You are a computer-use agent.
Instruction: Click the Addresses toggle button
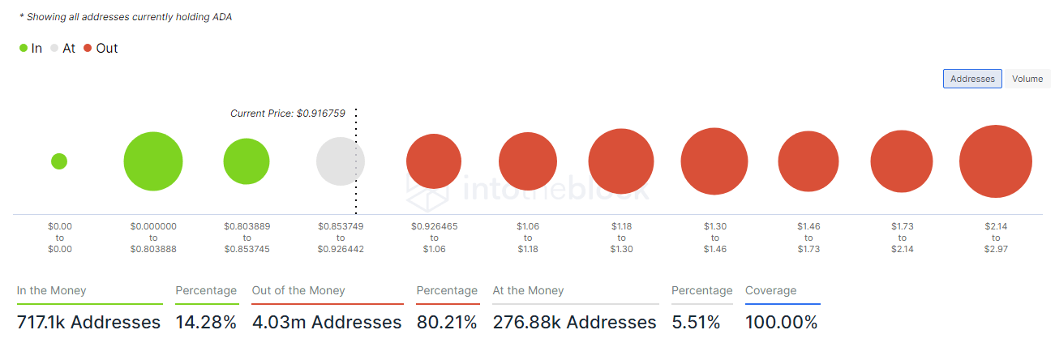point(972,79)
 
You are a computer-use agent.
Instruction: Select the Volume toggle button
point(1027,79)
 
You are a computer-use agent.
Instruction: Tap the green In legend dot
point(24,49)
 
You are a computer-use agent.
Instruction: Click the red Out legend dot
point(88,49)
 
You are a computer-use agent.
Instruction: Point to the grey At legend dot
point(54,49)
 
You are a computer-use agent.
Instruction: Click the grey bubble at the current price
point(340,161)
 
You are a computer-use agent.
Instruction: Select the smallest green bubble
point(59,161)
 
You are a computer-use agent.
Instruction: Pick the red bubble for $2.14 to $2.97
point(995,161)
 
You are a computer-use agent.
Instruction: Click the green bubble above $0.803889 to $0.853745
point(247,161)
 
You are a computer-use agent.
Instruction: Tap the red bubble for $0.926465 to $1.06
point(434,161)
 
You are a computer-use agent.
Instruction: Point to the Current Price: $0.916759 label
point(288,114)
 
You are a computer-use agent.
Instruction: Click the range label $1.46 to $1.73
point(808,238)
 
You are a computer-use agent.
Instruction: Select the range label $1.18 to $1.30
point(621,238)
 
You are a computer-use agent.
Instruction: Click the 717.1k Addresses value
point(88,323)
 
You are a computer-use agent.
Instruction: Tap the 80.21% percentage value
point(447,323)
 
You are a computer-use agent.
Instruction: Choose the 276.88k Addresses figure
point(574,323)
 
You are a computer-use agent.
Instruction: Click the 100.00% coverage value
point(782,323)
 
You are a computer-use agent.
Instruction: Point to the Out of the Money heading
point(298,290)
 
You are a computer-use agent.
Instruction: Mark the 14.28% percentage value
point(206,323)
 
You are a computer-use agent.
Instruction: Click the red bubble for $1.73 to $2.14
point(903,161)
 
